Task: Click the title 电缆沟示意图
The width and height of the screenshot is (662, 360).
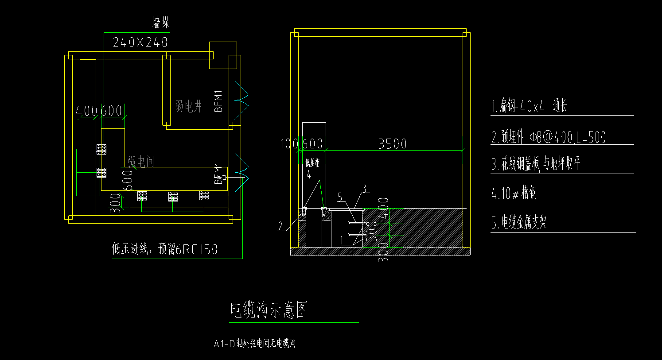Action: coord(269,310)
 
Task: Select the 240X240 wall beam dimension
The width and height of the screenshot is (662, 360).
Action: coord(140,43)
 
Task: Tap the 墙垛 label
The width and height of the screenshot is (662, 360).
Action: coord(160,23)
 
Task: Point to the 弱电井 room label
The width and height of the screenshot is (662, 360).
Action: coord(189,106)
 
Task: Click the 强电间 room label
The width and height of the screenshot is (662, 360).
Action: coord(141,162)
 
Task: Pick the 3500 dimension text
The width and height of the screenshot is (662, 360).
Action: coord(392,144)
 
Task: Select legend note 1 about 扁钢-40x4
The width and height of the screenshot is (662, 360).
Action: coord(529,106)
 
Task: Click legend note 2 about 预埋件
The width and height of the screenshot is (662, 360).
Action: coord(548,137)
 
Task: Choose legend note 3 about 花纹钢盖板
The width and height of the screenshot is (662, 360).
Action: coord(536,164)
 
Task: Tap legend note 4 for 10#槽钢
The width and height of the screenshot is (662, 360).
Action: coord(514,194)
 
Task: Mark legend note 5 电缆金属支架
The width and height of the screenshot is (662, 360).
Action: coord(518,223)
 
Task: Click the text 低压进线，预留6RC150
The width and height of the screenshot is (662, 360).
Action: coord(164,250)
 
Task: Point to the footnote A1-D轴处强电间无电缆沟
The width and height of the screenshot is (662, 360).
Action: coord(254,344)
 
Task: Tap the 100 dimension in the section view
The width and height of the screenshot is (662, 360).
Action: coord(290,144)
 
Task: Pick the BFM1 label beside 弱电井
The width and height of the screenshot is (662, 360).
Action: coord(218,101)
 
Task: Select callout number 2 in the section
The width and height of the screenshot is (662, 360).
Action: coord(280,227)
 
